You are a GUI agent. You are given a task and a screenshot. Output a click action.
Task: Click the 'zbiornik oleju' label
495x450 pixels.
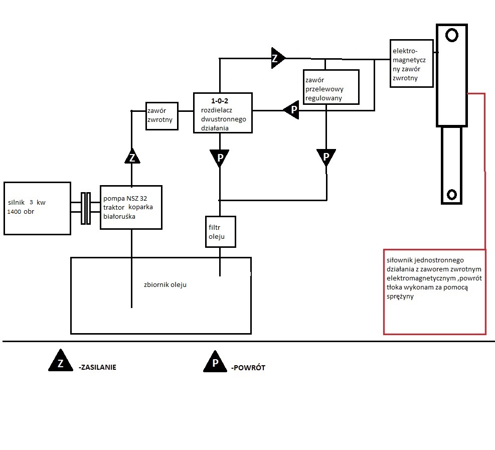click(165, 284)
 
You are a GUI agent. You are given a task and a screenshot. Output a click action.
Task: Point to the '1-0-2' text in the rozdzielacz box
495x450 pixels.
click(220, 101)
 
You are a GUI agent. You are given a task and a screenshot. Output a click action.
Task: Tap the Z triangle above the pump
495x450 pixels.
click(132, 157)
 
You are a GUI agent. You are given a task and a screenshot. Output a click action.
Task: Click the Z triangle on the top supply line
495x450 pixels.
click(277, 58)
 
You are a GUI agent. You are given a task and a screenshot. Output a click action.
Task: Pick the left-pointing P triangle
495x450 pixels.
click(291, 110)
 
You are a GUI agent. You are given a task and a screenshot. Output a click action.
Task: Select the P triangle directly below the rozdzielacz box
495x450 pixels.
click(219, 158)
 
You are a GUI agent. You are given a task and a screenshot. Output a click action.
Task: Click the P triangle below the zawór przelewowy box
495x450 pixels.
click(326, 157)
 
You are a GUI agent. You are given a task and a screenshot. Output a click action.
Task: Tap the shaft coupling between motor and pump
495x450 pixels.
click(86, 208)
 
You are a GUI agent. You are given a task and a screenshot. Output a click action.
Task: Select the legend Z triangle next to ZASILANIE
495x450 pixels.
click(61, 360)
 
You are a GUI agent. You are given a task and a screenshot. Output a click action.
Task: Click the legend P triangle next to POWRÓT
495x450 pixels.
click(215, 361)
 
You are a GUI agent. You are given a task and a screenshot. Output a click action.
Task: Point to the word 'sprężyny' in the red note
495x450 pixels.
click(400, 296)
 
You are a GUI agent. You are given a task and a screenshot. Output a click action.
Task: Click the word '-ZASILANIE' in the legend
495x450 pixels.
click(98, 367)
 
